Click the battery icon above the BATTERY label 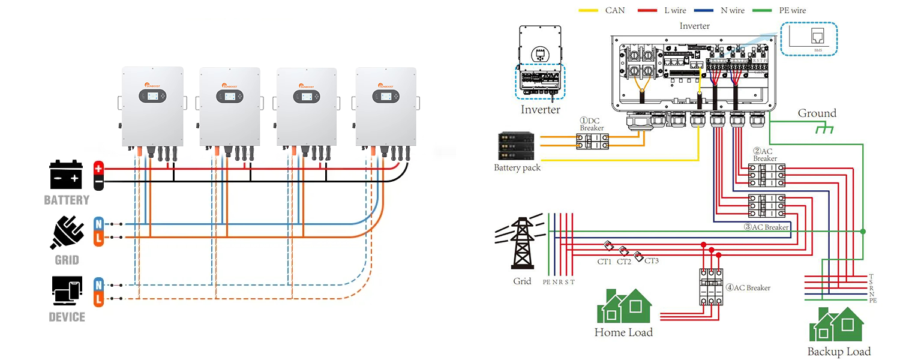click(66, 175)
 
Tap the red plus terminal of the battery click(98, 169)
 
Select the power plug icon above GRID click(67, 233)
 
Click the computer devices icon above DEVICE click(67, 292)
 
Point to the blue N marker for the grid click(98, 224)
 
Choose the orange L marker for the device click(98, 299)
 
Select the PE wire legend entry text click(790, 10)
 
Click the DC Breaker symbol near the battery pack click(592, 142)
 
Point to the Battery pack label click(517, 168)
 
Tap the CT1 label click(604, 261)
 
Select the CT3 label click(651, 261)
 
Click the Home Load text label click(623, 332)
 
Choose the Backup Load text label click(839, 352)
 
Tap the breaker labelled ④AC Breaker click(711, 286)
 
